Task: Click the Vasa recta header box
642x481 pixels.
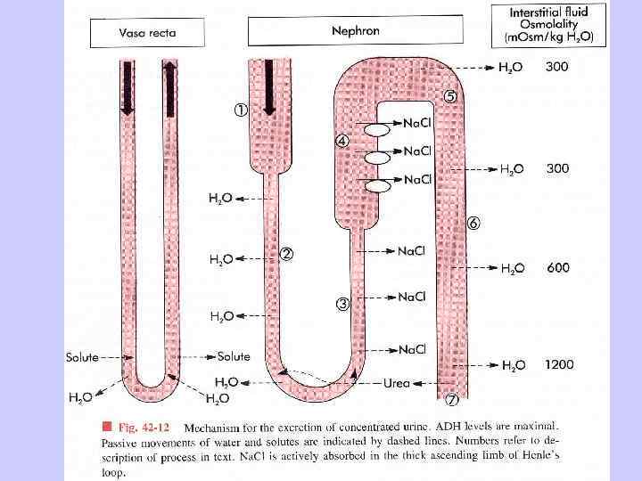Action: point(148,33)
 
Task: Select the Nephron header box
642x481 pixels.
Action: point(355,30)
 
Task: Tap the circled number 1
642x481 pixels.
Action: point(242,110)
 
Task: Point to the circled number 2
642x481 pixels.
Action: point(286,254)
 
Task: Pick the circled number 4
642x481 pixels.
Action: point(342,142)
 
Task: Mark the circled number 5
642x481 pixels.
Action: point(450,97)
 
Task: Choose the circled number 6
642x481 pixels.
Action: point(473,224)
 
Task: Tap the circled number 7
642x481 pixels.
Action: point(451,400)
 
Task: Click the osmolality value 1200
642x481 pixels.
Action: point(560,364)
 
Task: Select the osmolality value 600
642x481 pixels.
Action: point(559,267)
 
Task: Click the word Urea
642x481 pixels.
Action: point(396,384)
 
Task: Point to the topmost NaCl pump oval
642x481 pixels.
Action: point(374,129)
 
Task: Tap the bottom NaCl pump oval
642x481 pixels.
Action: point(377,185)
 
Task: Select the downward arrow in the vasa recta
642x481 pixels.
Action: point(128,88)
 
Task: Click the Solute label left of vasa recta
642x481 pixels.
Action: point(82,357)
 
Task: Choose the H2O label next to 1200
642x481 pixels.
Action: point(514,365)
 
